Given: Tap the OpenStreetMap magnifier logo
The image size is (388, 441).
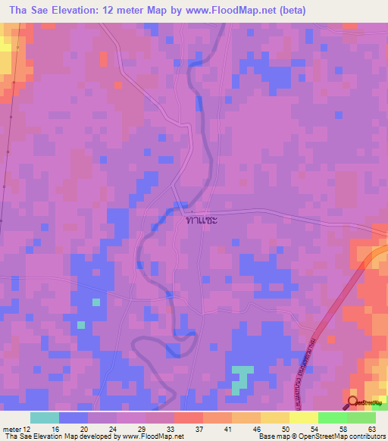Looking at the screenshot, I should [x=352, y=402].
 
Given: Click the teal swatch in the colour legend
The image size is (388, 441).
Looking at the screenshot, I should [x=44, y=417].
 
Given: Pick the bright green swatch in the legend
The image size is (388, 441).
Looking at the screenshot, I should [x=332, y=417].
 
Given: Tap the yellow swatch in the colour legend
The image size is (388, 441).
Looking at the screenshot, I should [x=303, y=417].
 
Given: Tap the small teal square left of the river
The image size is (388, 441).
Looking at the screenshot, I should [x=96, y=302].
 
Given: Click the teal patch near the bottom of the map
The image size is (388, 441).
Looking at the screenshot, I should [x=241, y=377].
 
